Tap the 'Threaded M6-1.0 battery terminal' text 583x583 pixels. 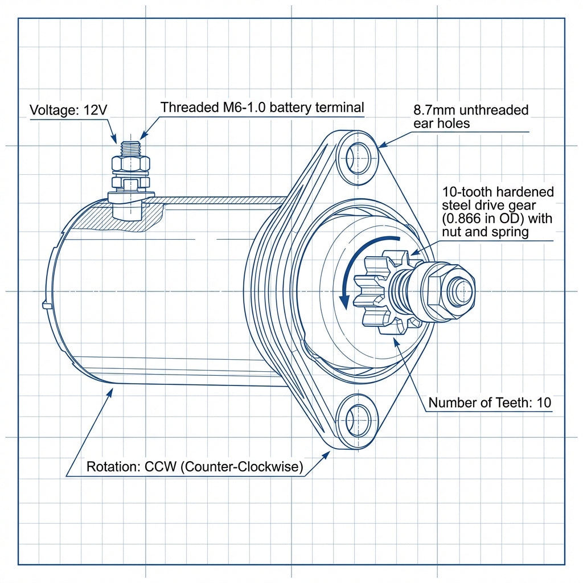pyautogui.click(x=262, y=107)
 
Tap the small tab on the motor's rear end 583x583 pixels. pyautogui.click(x=45, y=305)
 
